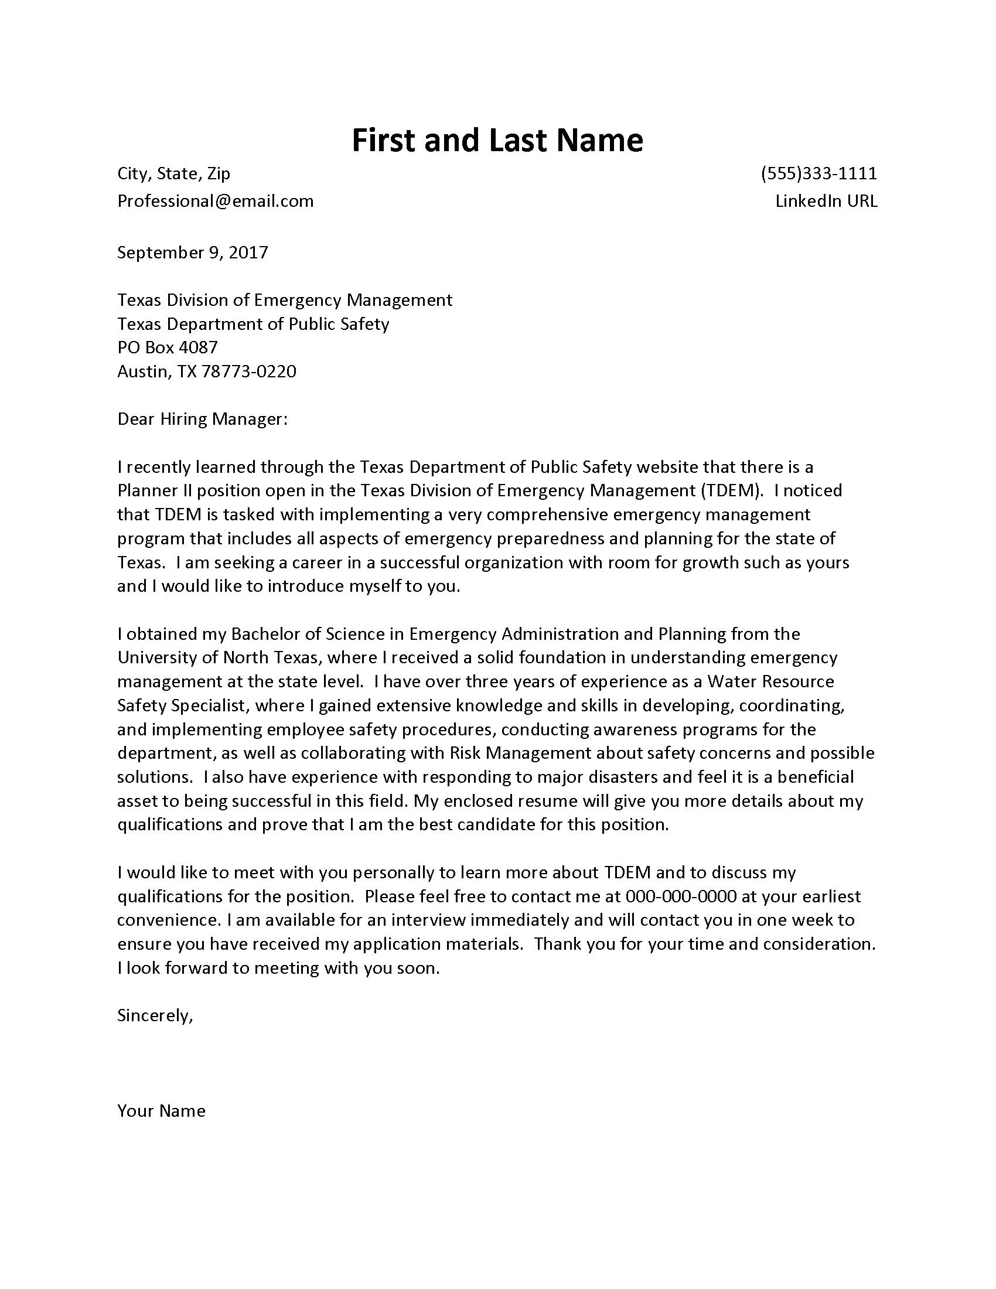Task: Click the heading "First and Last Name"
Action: click(x=497, y=141)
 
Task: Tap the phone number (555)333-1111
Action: click(x=818, y=173)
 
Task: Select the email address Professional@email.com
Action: click(x=216, y=201)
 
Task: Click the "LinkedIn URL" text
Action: click(x=826, y=201)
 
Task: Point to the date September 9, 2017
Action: click(x=192, y=253)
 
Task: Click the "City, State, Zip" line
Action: click(x=173, y=173)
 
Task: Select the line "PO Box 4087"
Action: click(x=168, y=347)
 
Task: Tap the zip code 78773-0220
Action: click(x=249, y=371)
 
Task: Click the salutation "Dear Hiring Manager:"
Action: click(x=202, y=419)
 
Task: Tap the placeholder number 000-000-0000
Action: click(x=680, y=896)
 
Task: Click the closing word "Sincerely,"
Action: click(x=155, y=1015)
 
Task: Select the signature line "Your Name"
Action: click(x=161, y=1111)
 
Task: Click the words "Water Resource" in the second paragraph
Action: click(x=770, y=681)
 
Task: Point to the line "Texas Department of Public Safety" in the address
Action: click(x=253, y=324)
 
